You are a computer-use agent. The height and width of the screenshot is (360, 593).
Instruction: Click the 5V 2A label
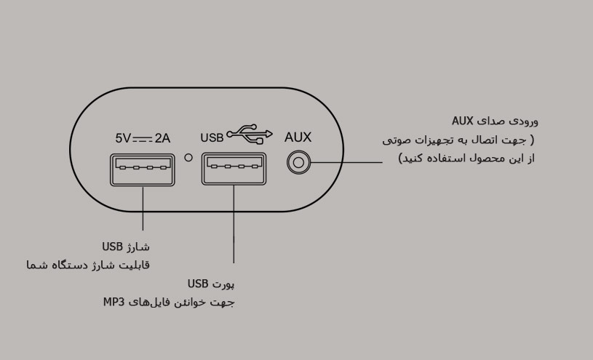143,136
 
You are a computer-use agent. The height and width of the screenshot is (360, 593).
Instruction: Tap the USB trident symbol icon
250,134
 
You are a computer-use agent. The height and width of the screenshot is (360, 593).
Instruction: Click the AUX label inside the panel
298,136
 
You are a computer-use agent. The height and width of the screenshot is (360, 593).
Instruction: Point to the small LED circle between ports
188,157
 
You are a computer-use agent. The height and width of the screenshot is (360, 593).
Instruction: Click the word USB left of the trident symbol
212,136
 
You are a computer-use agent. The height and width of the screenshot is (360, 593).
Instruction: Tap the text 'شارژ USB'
127,247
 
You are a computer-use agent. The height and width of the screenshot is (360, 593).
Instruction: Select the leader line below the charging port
143,211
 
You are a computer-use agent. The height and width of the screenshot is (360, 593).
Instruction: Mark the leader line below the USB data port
234,225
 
